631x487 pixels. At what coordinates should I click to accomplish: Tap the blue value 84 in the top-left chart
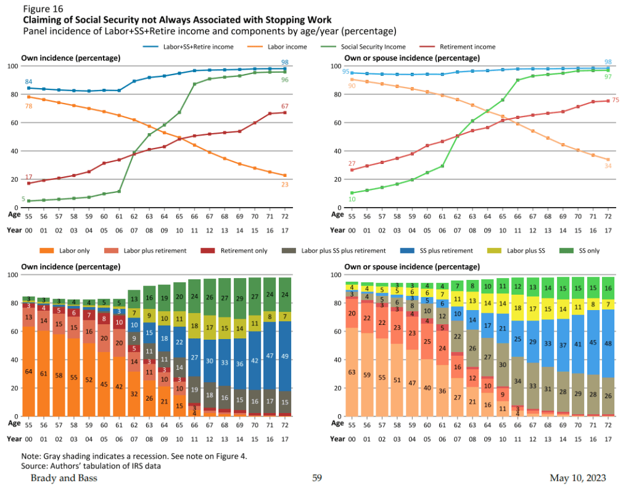pos(28,81)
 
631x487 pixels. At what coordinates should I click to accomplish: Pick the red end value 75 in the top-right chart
pos(615,100)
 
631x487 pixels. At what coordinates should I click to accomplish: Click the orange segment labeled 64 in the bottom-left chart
pos(28,371)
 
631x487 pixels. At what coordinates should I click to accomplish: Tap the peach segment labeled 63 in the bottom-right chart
pos(352,372)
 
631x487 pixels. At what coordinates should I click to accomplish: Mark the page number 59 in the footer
pos(317,478)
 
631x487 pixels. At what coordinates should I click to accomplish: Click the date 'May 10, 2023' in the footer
pos(577,478)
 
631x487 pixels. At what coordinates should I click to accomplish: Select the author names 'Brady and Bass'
pos(64,478)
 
